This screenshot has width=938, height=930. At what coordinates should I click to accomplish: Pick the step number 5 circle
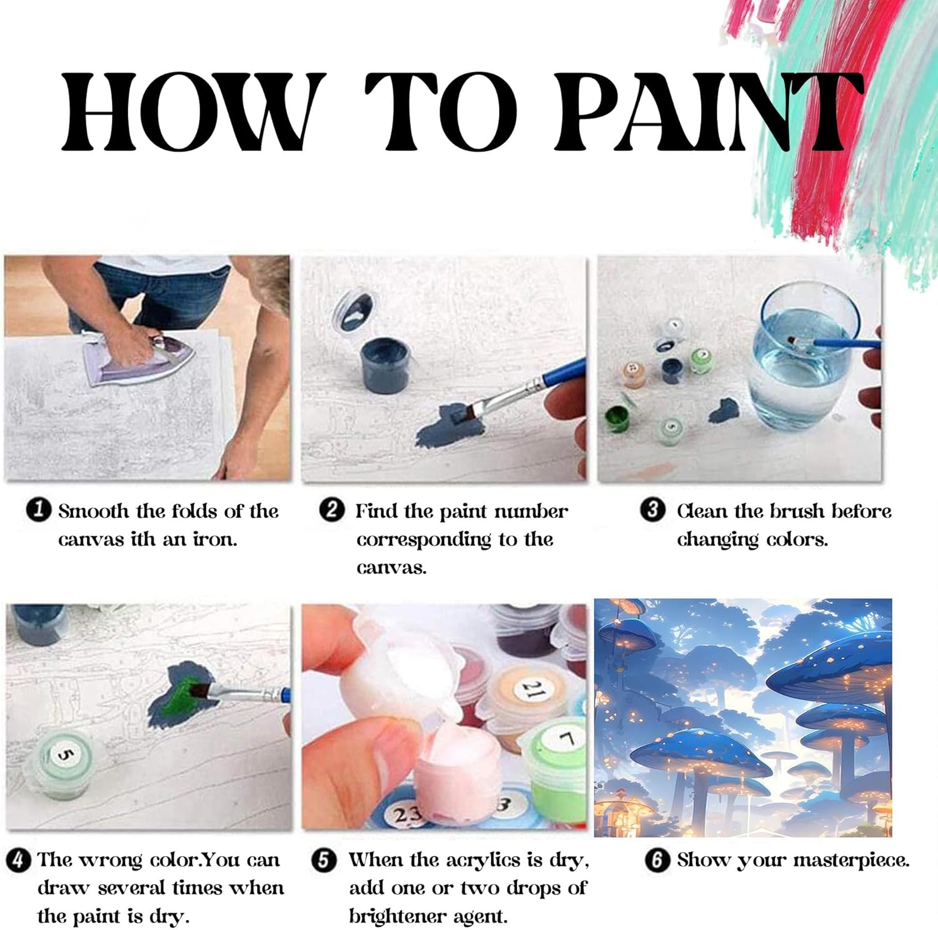pyautogui.click(x=323, y=860)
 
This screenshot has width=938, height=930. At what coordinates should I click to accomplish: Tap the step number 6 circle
pyautogui.click(x=657, y=860)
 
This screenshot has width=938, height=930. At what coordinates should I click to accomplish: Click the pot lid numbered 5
pyautogui.click(x=63, y=756)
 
